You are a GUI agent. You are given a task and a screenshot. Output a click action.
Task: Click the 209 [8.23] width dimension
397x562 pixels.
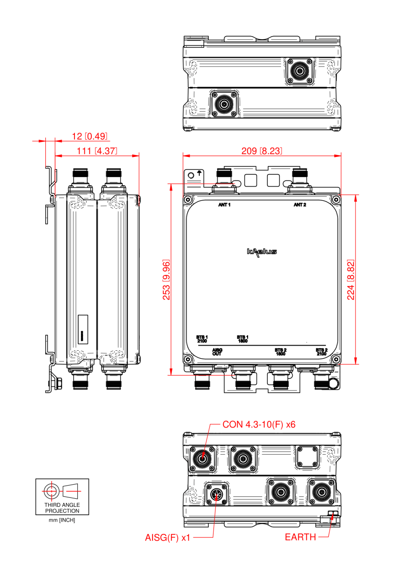pyautogui.click(x=261, y=151)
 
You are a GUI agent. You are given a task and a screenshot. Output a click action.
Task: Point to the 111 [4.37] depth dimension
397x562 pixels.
pyautogui.click(x=97, y=151)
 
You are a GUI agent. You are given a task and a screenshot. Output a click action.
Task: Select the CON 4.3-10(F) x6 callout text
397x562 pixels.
pyautogui.click(x=259, y=425)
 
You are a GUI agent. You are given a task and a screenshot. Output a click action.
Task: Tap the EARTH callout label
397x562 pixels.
pyautogui.click(x=301, y=537)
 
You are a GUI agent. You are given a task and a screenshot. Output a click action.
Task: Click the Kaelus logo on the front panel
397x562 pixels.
pyautogui.click(x=262, y=252)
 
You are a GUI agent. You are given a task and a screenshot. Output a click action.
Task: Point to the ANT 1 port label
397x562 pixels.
pyautogui.click(x=224, y=205)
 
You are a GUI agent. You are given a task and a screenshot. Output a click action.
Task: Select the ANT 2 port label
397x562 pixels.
pyautogui.click(x=300, y=205)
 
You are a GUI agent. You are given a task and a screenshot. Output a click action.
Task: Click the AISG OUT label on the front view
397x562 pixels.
pyautogui.click(x=217, y=352)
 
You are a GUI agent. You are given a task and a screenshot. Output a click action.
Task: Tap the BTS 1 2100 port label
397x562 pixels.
pyautogui.click(x=202, y=339)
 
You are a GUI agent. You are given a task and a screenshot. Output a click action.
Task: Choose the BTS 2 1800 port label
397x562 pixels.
pyautogui.click(x=280, y=352)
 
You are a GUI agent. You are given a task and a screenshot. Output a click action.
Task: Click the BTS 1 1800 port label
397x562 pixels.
pyautogui.click(x=242, y=339)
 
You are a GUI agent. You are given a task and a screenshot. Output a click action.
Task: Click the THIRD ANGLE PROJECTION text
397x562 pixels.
pyautogui.click(x=62, y=508)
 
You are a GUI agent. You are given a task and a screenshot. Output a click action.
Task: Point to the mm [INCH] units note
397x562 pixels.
pyautogui.click(x=62, y=520)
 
